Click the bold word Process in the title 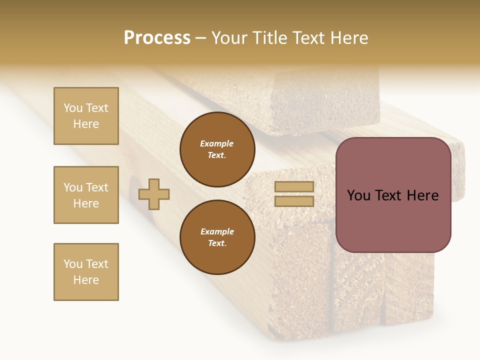(x=157, y=37)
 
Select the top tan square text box (x=86, y=116)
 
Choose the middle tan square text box (x=86, y=195)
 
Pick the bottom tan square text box (x=86, y=272)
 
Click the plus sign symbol (x=154, y=194)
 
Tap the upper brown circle (x=217, y=149)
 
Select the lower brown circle (x=217, y=237)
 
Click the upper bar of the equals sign (x=294, y=186)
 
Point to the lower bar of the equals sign (x=294, y=201)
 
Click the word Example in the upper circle (x=217, y=143)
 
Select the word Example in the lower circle (x=217, y=231)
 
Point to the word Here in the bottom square (x=86, y=280)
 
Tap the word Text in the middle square (x=97, y=187)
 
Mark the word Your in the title (x=228, y=38)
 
